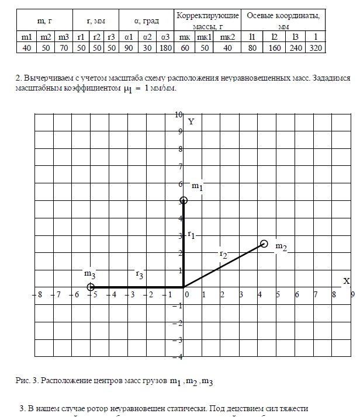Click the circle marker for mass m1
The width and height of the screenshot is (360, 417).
[x=184, y=200]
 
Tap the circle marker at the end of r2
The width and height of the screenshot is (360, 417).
[x=264, y=244]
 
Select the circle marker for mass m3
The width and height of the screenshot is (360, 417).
[x=91, y=287]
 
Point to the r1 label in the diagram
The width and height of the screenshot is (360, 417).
[x=191, y=234]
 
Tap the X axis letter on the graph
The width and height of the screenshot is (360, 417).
[x=346, y=281]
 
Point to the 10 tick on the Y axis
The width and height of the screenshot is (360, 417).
[x=178, y=114]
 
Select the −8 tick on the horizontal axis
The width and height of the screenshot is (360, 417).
[x=38, y=295]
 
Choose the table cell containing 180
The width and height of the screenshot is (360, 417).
[x=165, y=48]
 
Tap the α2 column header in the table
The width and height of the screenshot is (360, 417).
[x=147, y=37]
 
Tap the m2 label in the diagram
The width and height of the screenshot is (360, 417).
[x=281, y=246]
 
